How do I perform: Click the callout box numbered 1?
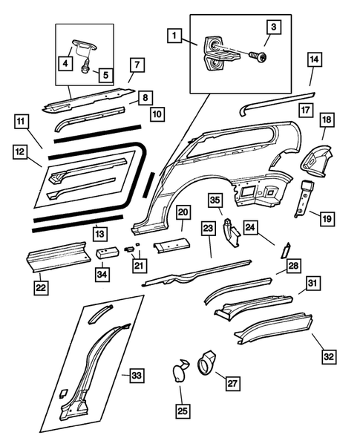[x=174, y=35]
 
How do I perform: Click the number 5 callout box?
[x=104, y=74]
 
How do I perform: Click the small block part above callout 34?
[x=105, y=252]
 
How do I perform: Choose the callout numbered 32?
[x=329, y=356]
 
